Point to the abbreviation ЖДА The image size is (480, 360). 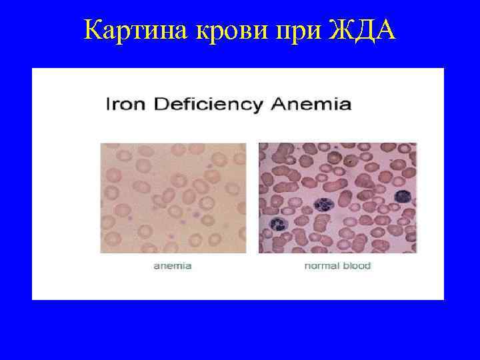[363, 29]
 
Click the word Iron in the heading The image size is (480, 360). [123, 105]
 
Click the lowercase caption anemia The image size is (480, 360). [173, 266]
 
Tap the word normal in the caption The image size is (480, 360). [321, 266]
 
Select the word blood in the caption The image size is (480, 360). [356, 266]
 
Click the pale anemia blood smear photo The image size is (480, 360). [173, 198]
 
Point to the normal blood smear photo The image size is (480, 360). [337, 198]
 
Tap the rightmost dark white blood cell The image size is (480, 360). [403, 196]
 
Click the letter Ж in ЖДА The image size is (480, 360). [341, 29]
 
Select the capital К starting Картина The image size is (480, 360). [93, 29]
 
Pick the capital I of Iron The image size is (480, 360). [107, 105]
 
